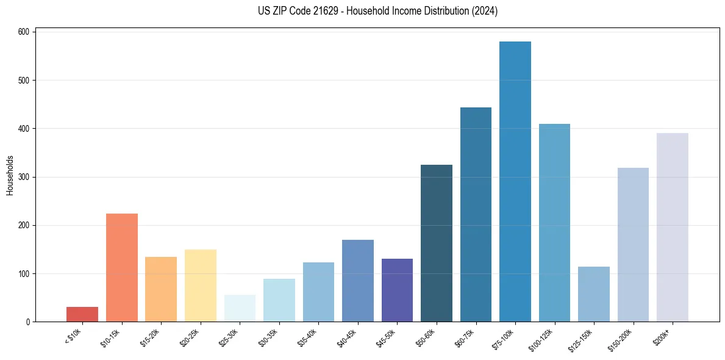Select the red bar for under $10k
(82, 314)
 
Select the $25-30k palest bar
(240, 308)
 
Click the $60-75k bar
(476, 214)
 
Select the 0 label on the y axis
(29, 322)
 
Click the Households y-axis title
(10, 175)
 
